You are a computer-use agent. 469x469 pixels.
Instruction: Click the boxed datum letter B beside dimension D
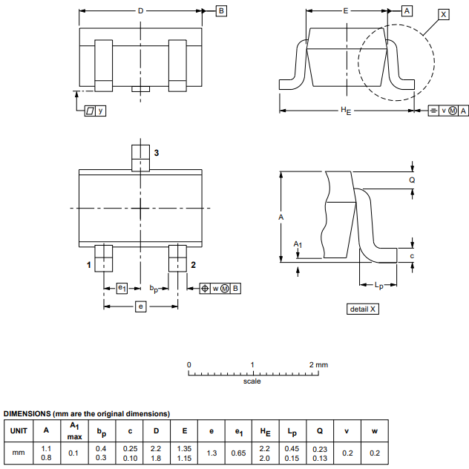click(x=221, y=11)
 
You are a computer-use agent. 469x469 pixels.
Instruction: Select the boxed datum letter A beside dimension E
click(x=407, y=11)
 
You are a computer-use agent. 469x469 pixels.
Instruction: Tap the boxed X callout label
click(x=443, y=15)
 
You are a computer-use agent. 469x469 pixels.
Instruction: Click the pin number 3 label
click(x=156, y=153)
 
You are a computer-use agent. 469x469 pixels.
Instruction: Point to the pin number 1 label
click(x=88, y=265)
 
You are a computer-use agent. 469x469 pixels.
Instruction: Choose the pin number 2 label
click(x=193, y=265)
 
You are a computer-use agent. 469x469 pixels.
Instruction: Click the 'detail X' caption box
click(x=363, y=309)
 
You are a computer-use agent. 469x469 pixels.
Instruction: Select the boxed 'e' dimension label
click(x=140, y=306)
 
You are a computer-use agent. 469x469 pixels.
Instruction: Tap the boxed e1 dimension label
click(x=122, y=288)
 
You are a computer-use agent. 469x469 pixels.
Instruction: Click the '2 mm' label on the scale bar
click(x=318, y=365)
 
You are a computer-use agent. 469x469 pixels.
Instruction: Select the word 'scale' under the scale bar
click(x=252, y=381)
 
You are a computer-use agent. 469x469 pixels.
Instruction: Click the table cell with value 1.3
click(x=211, y=453)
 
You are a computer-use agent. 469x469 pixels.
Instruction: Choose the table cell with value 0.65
click(x=238, y=453)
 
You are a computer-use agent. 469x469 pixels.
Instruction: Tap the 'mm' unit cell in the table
click(x=19, y=453)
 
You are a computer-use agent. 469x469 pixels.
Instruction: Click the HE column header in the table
click(x=265, y=430)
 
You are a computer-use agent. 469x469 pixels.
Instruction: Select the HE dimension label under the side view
click(x=345, y=111)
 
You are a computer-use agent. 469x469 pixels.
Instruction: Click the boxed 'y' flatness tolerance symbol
click(x=95, y=111)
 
